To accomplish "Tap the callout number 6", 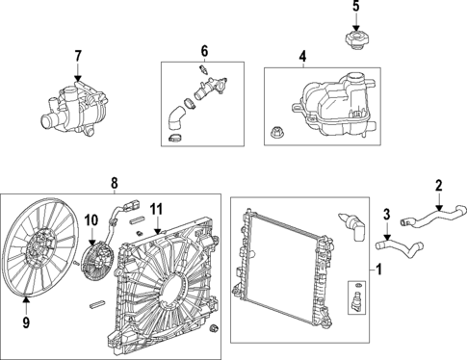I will pos(203,50).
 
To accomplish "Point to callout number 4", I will pos(302,57).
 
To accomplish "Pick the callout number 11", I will pos(156,207).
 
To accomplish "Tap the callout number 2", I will pos(438,186).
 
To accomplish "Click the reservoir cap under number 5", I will pos(354,41).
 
